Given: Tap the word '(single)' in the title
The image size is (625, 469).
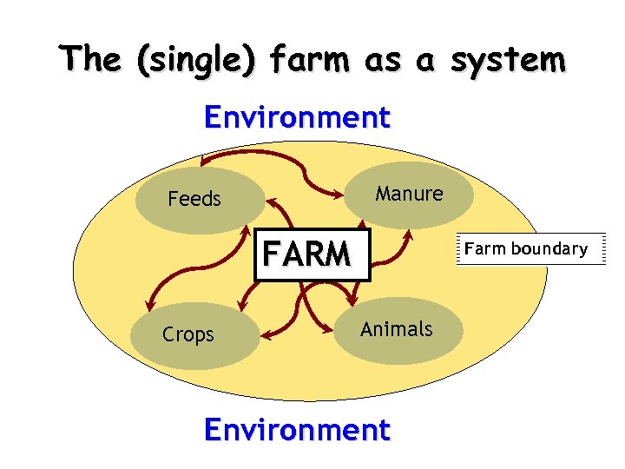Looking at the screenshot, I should click(x=203, y=60).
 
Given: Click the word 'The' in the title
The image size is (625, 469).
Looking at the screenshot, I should click(x=90, y=60).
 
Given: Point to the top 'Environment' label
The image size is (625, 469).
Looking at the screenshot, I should click(x=297, y=117).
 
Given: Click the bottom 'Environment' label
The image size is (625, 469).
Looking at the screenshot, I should click(x=297, y=430).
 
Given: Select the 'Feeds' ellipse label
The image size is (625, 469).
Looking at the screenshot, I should click(x=194, y=199).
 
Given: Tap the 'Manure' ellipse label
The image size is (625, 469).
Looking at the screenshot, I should click(x=409, y=194).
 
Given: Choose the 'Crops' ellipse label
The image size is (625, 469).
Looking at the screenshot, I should click(x=188, y=334).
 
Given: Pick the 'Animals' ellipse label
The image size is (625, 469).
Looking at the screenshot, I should click(x=396, y=329).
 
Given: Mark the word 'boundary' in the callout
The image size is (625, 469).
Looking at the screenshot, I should click(x=549, y=249).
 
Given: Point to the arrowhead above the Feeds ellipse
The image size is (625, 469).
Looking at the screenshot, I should click(x=203, y=160).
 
